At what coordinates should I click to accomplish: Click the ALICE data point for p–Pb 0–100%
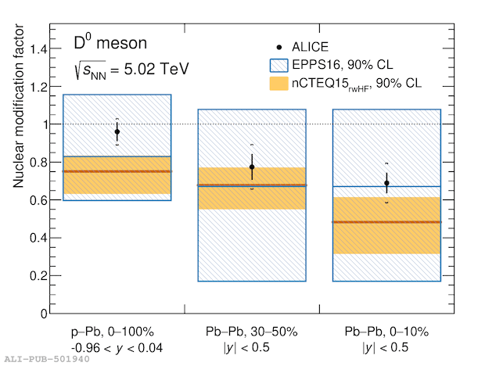pyautogui.click(x=117, y=132)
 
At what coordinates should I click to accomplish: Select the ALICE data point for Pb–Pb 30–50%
pyautogui.click(x=252, y=167)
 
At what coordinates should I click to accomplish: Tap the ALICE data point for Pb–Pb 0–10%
pyautogui.click(x=386, y=183)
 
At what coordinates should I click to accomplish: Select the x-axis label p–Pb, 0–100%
pyautogui.click(x=117, y=332)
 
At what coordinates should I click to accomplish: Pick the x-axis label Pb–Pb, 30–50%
pyautogui.click(x=252, y=332)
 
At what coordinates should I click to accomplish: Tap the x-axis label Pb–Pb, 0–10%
pyautogui.click(x=386, y=332)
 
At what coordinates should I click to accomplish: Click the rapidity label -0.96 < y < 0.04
pyautogui.click(x=117, y=347)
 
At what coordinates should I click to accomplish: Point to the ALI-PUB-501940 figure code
pyautogui.click(x=36, y=359)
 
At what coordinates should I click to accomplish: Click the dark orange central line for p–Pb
pyautogui.click(x=117, y=171)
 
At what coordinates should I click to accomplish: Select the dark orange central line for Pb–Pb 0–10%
pyautogui.click(x=386, y=222)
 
